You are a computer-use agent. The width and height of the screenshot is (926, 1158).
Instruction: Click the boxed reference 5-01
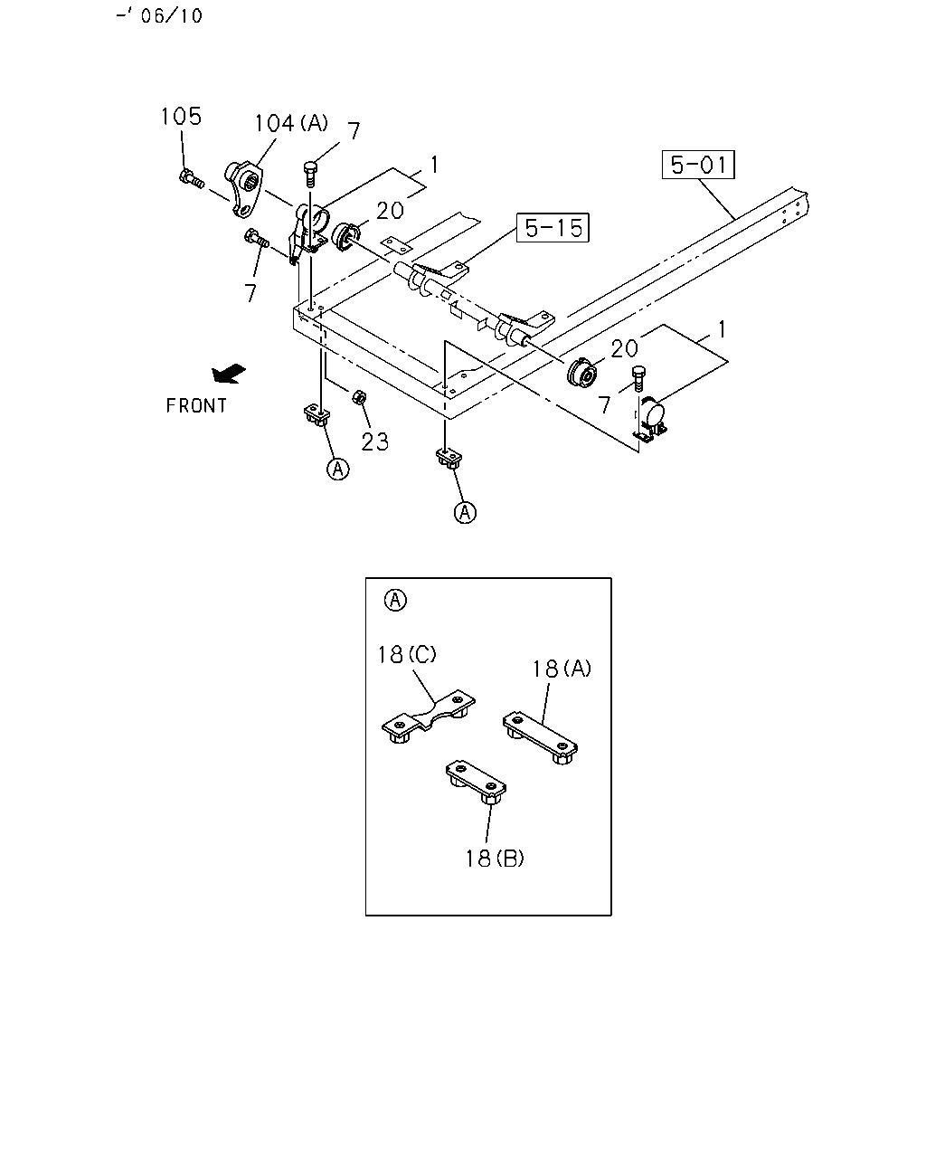698,165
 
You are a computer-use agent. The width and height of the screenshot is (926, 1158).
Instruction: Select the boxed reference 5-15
553,228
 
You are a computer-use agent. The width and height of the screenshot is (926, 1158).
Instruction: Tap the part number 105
182,116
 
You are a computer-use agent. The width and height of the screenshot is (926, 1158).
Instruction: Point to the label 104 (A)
291,123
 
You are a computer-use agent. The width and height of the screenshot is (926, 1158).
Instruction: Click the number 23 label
374,441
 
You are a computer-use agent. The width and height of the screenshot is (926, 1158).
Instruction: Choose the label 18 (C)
407,654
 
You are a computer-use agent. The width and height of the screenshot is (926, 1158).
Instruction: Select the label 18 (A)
562,669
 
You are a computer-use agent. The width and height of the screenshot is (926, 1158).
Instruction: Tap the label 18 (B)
495,859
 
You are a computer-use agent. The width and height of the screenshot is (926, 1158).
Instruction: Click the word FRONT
196,405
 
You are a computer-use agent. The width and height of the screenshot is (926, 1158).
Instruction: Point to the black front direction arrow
229,374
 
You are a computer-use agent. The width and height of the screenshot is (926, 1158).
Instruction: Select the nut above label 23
359,397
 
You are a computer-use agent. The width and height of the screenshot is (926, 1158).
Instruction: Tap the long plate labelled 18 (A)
540,737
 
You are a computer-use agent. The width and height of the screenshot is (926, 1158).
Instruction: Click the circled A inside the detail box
395,600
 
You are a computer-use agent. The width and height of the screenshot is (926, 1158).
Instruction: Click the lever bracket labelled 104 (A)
244,188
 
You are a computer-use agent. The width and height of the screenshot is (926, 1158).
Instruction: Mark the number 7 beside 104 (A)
353,131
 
